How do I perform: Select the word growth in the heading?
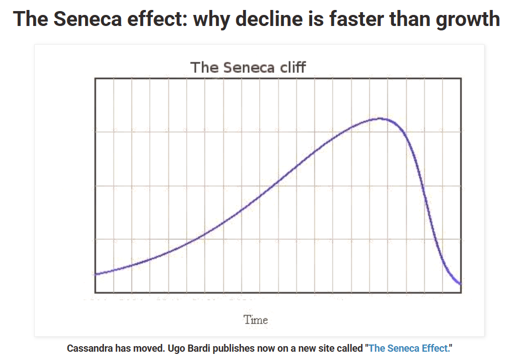(467, 19)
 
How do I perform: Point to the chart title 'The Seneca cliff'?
(248, 67)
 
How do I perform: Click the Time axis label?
(256, 320)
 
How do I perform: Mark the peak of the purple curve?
(380, 118)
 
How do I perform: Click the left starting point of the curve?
(96, 274)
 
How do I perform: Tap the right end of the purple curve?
(460, 284)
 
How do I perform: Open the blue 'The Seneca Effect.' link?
(410, 348)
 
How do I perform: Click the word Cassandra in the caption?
(90, 348)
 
